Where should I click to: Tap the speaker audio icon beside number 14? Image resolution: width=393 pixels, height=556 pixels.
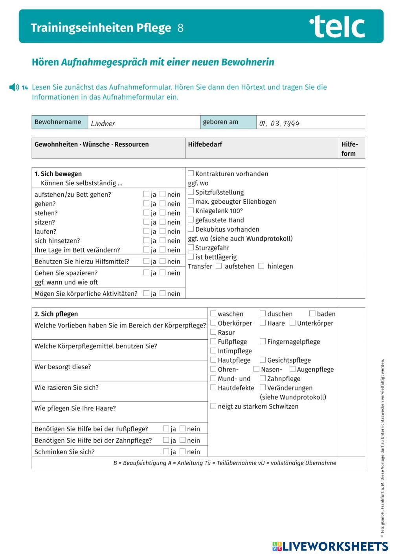tap(14, 87)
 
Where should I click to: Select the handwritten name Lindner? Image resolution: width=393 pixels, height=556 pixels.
tap(103, 123)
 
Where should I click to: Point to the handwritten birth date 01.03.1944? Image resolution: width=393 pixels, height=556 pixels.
tap(279, 123)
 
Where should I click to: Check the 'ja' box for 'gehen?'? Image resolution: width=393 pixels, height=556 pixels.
tap(146, 203)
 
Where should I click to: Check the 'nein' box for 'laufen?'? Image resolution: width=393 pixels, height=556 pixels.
tap(163, 231)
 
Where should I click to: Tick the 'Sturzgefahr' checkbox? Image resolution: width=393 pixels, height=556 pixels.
tap(191, 247)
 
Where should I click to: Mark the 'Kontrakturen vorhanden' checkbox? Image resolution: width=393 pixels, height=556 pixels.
tap(191, 173)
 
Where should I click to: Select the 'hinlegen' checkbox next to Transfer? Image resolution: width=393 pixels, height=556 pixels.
tap(261, 266)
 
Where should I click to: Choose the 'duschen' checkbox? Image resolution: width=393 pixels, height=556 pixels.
tap(263, 313)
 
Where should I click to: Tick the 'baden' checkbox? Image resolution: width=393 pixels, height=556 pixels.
tap(312, 313)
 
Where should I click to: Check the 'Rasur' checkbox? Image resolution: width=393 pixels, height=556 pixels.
tap(213, 332)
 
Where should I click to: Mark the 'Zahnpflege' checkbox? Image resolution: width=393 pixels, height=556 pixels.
tap(263, 378)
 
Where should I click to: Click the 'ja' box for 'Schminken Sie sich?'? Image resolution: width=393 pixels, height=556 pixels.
tap(166, 451)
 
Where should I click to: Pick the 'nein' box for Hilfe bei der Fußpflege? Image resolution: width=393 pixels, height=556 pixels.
tap(182, 429)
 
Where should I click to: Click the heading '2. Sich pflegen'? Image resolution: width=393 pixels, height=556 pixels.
tap(56, 314)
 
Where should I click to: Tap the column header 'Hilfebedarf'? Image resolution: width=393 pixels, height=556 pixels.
tap(205, 144)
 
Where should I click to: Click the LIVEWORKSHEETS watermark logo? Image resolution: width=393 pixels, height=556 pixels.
tap(330, 546)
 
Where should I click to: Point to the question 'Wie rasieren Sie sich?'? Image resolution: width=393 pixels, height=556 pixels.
tap(66, 388)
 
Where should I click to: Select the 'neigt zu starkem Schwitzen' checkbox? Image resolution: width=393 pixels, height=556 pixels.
tap(213, 406)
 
